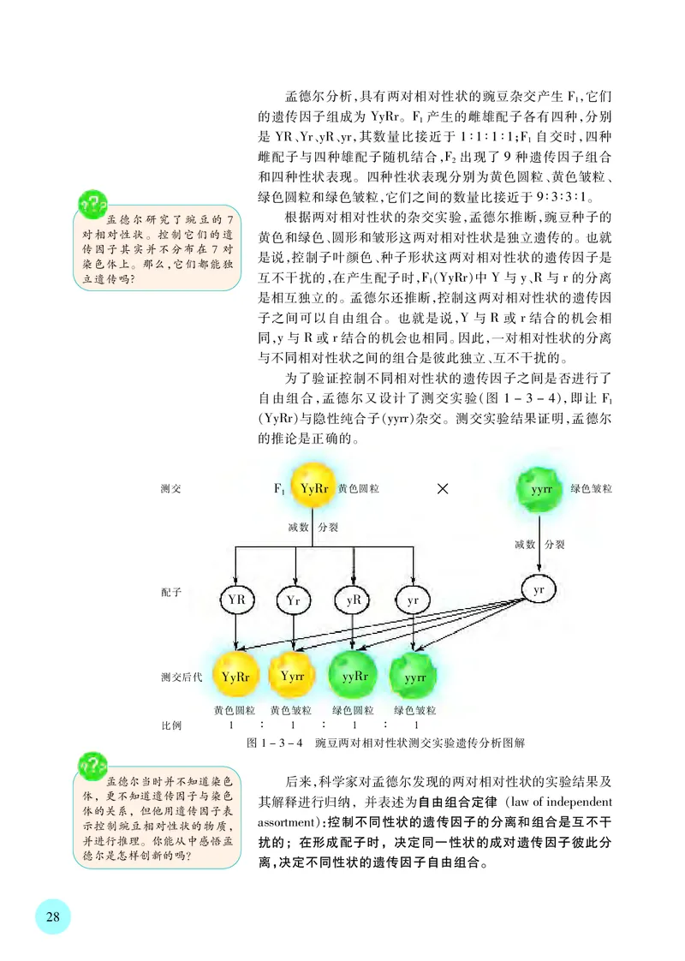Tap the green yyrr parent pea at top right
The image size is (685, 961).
pos(540,489)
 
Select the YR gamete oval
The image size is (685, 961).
pos(236,600)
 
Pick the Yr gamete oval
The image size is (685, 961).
pos(295,600)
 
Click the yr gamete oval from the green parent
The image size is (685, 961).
pos(539,591)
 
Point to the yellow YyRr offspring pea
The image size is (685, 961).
pos(235,676)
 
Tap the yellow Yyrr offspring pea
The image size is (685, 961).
pos(294,676)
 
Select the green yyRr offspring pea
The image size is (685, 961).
pos(354,676)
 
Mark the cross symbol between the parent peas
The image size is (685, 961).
pos(444,489)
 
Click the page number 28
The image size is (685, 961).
pos(52,916)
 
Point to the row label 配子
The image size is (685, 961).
pos(170,592)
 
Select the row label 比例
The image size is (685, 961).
pos(171,725)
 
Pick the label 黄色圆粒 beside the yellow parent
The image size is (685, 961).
pos(359,489)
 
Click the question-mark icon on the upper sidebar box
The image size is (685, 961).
pos(89,205)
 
